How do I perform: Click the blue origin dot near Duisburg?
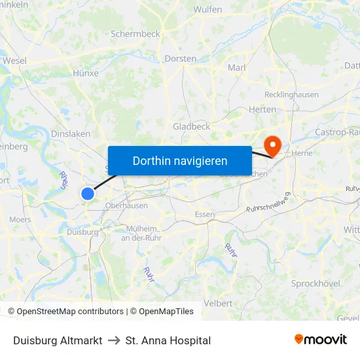pyautogui.click(x=88, y=193)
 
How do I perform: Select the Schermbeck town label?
pyautogui.click(x=135, y=33)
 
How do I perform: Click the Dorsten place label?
pyautogui.click(x=180, y=58)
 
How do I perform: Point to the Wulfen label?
pyautogui.click(x=207, y=9)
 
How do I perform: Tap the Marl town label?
pyautogui.click(x=236, y=67)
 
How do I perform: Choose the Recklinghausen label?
pyautogui.click(x=292, y=94)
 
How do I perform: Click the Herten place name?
pyautogui.click(x=262, y=109)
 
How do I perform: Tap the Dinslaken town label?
pyautogui.click(x=70, y=134)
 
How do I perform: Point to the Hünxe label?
pyautogui.click(x=85, y=74)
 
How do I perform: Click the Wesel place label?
pyautogui.click(x=14, y=60)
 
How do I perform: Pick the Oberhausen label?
pyautogui.click(x=126, y=205)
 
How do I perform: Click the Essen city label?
pyautogui.click(x=205, y=214)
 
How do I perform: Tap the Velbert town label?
pyautogui.click(x=218, y=303)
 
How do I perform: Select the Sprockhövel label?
pyautogui.click(x=315, y=283)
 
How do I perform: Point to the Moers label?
pyautogui.click(x=20, y=219)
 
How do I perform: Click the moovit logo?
pyautogui.click(x=321, y=340)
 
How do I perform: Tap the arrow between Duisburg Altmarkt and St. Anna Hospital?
pyautogui.click(x=114, y=340)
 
